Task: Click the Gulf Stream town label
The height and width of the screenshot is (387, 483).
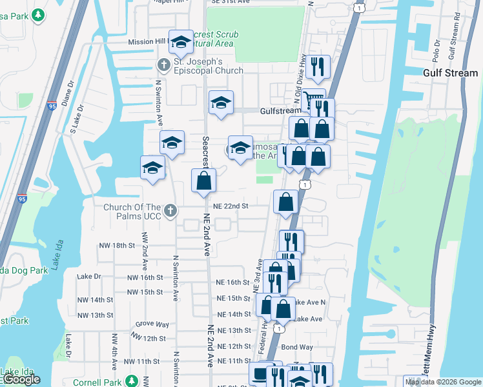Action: point(450,73)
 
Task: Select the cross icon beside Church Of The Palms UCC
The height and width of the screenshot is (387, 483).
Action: point(170,210)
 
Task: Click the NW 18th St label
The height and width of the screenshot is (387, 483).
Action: point(116,246)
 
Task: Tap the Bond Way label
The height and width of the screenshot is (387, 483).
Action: point(296,347)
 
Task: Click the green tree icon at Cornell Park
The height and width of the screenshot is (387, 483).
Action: point(132,381)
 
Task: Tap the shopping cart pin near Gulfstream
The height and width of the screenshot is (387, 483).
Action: point(313,101)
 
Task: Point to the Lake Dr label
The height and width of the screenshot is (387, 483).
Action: point(89,276)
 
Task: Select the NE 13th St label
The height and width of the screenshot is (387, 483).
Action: point(234,330)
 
